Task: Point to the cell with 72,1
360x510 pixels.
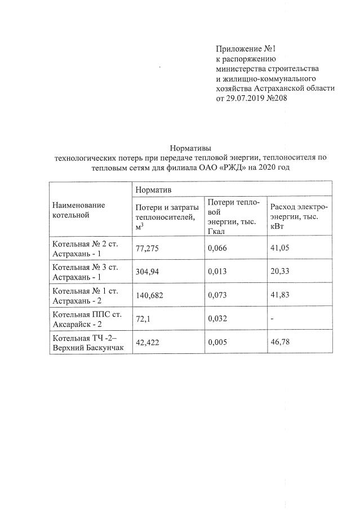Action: click(142, 319)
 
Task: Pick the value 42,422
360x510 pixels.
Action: click(148, 342)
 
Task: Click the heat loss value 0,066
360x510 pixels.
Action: click(217, 248)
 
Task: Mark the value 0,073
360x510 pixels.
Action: click(217, 296)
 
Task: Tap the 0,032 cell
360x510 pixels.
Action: click(217, 319)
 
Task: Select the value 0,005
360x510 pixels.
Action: click(217, 342)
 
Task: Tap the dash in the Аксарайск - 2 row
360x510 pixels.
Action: click(272, 319)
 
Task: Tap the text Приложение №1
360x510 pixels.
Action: click(246, 49)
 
